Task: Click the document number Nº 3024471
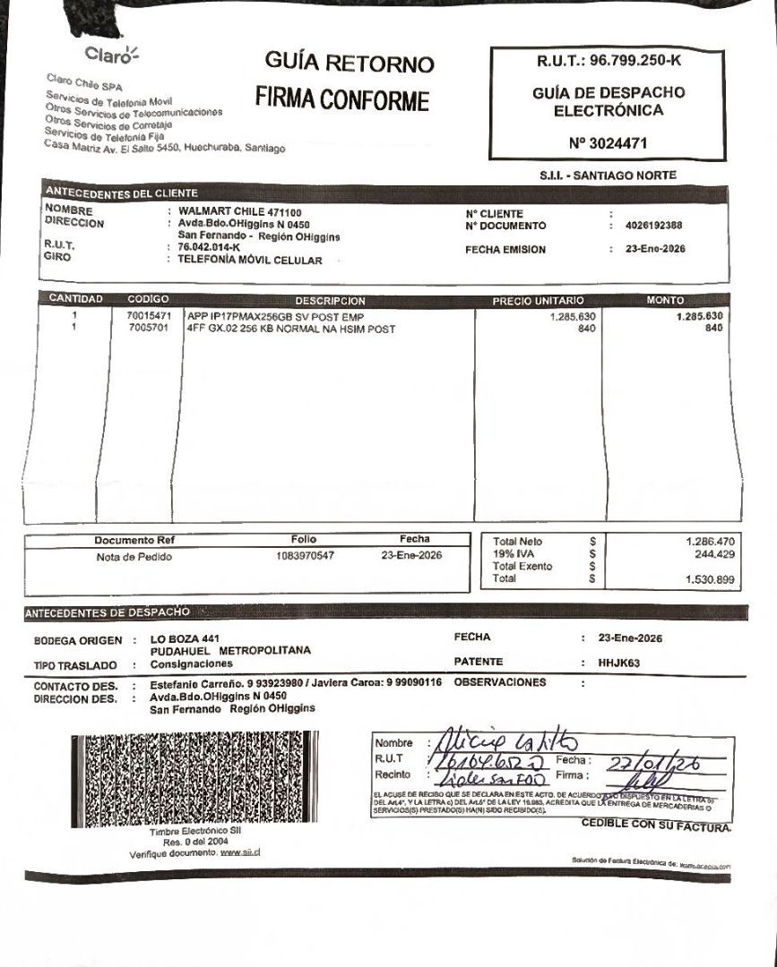pyautogui.click(x=609, y=142)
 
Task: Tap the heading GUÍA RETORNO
pyautogui.click(x=350, y=64)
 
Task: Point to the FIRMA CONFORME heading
pyautogui.click(x=342, y=99)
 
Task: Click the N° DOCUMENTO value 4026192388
pyautogui.click(x=653, y=226)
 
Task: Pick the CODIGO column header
pyautogui.click(x=148, y=299)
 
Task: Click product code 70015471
pyautogui.click(x=149, y=316)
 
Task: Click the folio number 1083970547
pyautogui.click(x=306, y=556)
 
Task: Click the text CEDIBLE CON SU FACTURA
pyautogui.click(x=656, y=824)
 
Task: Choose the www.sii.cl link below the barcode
pyautogui.click(x=239, y=852)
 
